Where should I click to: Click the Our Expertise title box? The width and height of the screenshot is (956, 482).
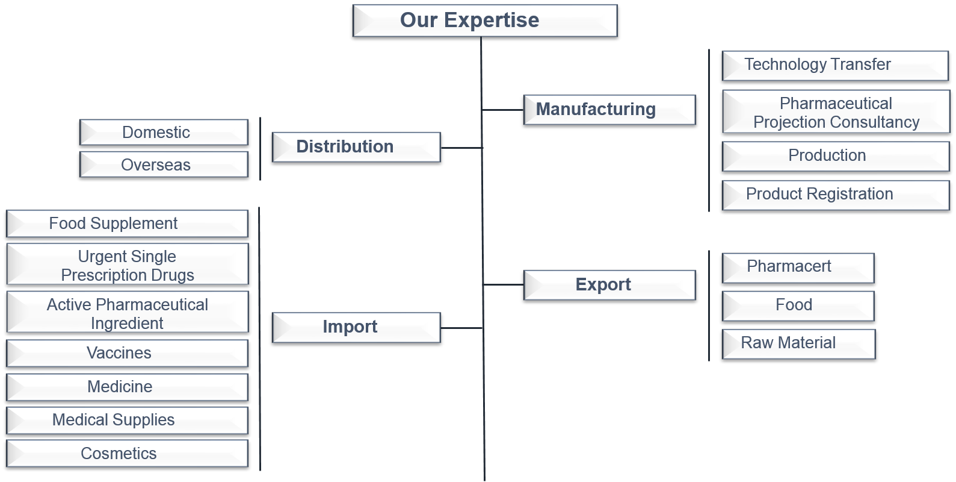click(x=485, y=20)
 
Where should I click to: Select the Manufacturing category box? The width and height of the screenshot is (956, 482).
click(x=609, y=110)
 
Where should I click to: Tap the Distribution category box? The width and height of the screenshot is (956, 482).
click(x=356, y=147)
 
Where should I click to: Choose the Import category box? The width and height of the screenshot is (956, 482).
click(x=356, y=327)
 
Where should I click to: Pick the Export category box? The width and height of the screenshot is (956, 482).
click(x=609, y=285)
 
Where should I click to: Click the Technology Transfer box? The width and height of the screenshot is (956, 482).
click(x=834, y=65)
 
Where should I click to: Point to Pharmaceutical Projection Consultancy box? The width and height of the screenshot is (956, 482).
click(x=836, y=112)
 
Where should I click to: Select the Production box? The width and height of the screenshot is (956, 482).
click(x=835, y=156)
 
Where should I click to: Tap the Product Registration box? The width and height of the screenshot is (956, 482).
click(x=835, y=195)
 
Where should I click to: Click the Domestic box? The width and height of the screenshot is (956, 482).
click(x=164, y=133)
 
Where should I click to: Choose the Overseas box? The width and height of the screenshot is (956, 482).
click(x=164, y=164)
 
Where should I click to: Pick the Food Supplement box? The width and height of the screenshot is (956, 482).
click(x=127, y=224)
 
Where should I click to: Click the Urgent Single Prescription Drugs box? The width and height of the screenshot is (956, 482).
click(x=127, y=264)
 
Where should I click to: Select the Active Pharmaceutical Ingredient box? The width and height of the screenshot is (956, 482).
click(x=127, y=313)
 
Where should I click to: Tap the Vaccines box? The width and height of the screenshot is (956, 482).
click(x=127, y=353)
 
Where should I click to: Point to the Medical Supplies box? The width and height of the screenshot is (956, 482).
click(x=127, y=420)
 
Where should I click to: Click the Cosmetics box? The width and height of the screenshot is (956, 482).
click(x=127, y=453)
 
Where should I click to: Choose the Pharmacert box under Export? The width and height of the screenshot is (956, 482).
click(x=798, y=268)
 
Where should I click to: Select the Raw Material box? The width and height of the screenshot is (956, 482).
click(x=798, y=344)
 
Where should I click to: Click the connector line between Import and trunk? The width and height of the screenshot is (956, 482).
click(x=461, y=328)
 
